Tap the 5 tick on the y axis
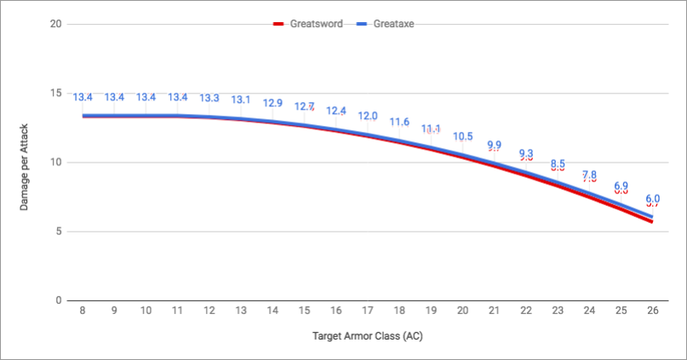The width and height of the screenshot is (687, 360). [x=58, y=231]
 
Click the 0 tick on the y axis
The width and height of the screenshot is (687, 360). [x=58, y=300]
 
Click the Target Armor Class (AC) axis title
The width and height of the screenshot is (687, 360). [x=367, y=335]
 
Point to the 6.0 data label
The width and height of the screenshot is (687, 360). [x=651, y=197]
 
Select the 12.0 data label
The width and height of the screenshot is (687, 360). [x=367, y=116]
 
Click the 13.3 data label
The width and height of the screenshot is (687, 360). [x=209, y=98]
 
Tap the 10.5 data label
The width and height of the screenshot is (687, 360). [x=462, y=136]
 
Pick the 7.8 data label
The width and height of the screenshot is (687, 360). [x=588, y=175]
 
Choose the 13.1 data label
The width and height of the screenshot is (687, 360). [x=241, y=100]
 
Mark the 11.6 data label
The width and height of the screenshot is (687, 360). [x=399, y=122]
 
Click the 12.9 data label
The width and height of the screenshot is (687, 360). [x=272, y=102]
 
